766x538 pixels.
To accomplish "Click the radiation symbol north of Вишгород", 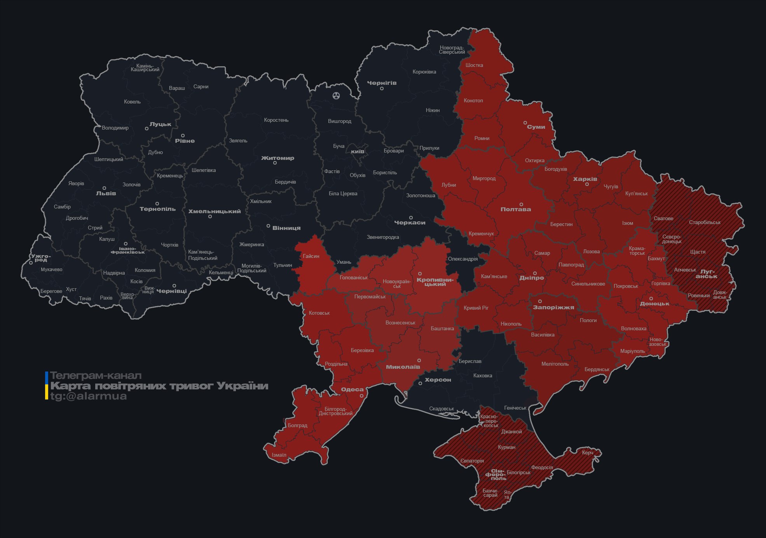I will (336, 95).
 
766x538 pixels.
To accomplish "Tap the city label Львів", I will (106, 193).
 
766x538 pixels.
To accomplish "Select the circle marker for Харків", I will (587, 184).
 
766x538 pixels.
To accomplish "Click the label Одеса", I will (352, 389).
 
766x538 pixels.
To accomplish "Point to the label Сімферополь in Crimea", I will (496, 475).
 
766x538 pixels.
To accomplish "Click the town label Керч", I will (588, 452).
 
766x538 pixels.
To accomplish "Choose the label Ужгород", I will (41, 258).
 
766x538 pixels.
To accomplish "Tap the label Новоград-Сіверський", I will (452, 50).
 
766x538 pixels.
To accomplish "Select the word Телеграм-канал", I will (96, 376).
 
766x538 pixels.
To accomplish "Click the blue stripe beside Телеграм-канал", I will (47, 377).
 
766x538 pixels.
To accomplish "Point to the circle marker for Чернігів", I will (382, 89).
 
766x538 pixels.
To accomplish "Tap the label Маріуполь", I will (632, 351).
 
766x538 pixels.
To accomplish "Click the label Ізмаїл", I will (279, 455).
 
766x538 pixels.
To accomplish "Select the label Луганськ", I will (707, 274).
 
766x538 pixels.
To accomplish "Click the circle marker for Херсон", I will (420, 384).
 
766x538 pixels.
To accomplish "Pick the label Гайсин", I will (311, 256).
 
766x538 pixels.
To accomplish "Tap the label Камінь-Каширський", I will (145, 68).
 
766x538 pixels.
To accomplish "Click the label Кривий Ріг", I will (476, 308).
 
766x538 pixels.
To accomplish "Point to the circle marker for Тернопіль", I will (157, 203).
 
